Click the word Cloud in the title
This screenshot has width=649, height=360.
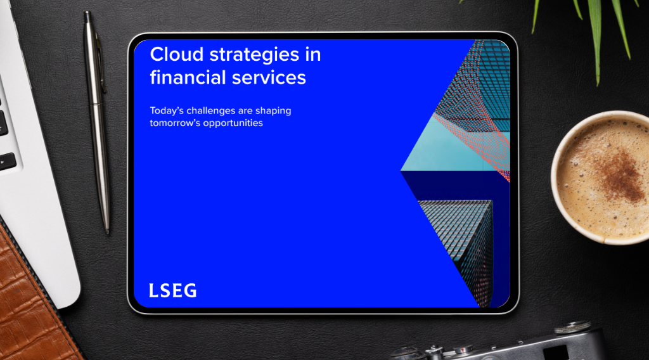pos(177,55)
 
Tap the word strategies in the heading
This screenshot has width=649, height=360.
pos(254,55)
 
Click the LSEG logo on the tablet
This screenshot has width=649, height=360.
pos(172,290)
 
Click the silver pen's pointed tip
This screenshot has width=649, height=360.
pos(108,233)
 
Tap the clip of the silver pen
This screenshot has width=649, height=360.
pos(101,62)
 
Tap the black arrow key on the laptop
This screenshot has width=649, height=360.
pos(7,162)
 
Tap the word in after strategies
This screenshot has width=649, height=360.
pos(313,55)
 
